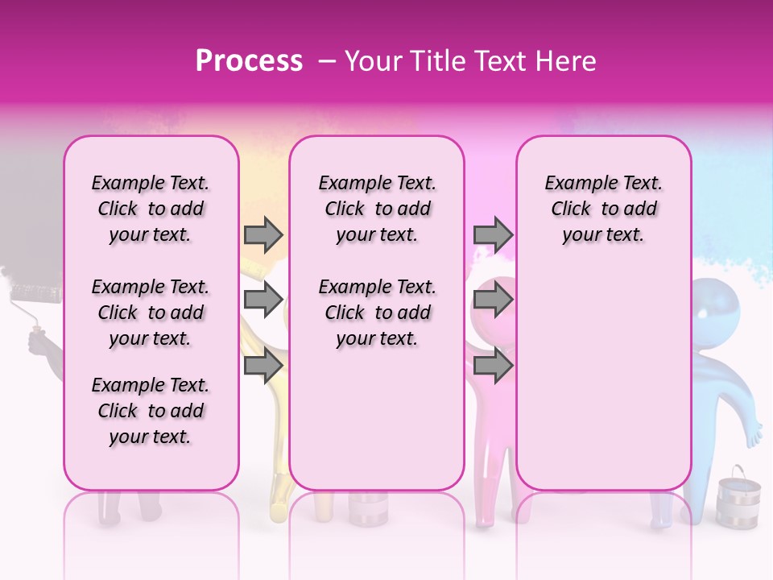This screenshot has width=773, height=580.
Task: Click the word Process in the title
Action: coord(249,61)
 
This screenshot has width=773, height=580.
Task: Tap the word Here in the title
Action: coord(566,61)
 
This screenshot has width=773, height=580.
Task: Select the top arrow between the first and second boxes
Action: coord(263,234)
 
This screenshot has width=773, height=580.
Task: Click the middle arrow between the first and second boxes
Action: coord(263,300)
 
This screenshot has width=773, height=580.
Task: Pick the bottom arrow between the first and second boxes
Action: coord(263,366)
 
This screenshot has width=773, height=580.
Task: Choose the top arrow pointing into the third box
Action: coord(493,234)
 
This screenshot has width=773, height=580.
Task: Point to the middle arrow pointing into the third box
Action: coord(493,300)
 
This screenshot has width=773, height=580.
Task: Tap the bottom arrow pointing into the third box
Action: coord(493,366)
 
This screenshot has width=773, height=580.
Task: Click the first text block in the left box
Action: coord(151,209)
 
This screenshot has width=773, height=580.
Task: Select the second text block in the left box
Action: coord(151,313)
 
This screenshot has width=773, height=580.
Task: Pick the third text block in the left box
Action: coord(151,411)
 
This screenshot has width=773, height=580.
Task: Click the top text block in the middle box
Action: coord(377,209)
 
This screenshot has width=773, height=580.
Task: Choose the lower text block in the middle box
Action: coord(377,313)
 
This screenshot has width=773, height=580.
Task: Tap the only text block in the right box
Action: coord(603,209)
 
